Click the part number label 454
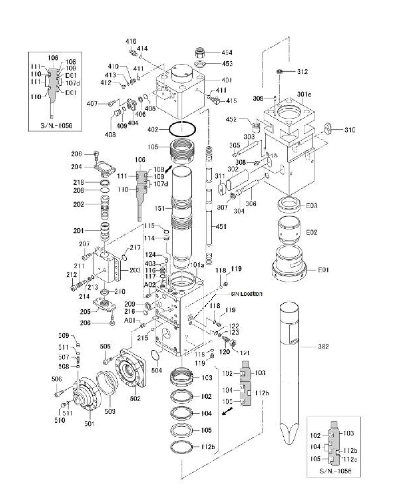[227, 52]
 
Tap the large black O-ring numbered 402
[182, 130]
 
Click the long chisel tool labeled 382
[289, 365]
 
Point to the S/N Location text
[246, 294]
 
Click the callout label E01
[323, 270]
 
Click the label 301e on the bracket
[304, 95]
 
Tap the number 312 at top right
[302, 72]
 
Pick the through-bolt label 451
[221, 226]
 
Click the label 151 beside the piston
[159, 209]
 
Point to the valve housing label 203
[135, 270]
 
